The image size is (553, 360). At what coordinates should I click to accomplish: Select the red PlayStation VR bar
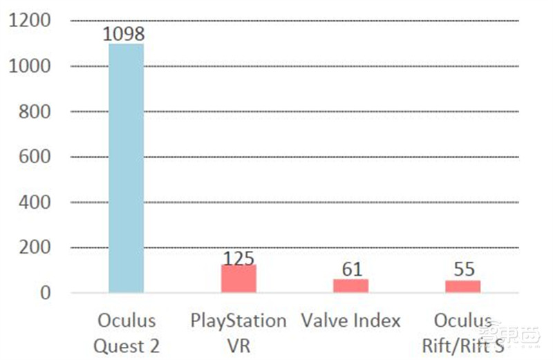[238, 278]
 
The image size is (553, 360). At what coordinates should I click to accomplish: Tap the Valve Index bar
[351, 285]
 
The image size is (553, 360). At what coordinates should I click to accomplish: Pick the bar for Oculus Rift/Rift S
[462, 286]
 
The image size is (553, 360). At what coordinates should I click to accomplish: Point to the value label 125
[238, 258]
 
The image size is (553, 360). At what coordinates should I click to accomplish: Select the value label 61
[351, 269]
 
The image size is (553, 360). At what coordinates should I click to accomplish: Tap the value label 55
[462, 269]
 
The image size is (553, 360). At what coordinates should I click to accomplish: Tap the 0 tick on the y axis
[46, 293]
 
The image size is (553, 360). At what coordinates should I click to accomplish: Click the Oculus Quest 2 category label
[126, 332]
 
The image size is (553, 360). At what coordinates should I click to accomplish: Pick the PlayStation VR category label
[238, 332]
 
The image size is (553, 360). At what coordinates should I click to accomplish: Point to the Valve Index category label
[351, 321]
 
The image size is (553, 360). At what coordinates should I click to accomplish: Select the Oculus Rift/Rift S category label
[462, 332]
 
